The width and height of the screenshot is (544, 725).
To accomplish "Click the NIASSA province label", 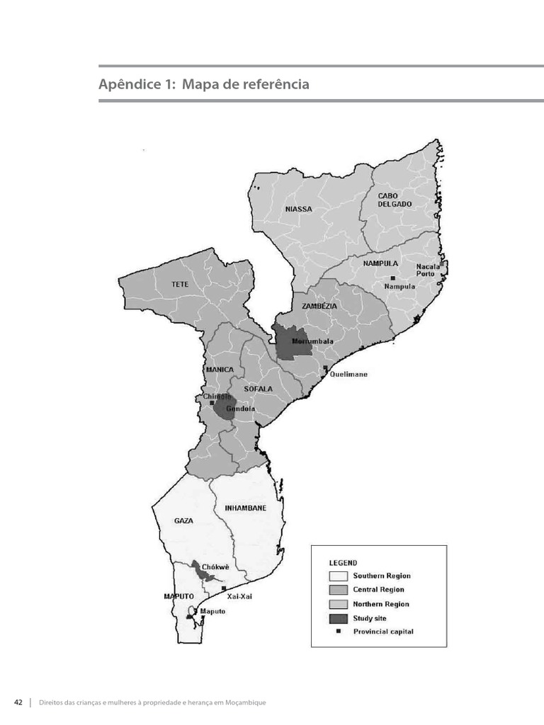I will point(298,209).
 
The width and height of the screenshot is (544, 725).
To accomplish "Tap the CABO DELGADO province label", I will point(395,200).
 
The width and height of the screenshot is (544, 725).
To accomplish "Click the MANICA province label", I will point(219,370).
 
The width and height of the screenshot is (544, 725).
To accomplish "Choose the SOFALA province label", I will point(258,389).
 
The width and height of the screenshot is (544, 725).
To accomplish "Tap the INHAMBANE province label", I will point(245,508).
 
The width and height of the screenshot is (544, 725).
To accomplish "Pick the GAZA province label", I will point(183,520).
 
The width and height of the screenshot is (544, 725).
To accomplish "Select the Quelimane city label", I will point(348,374).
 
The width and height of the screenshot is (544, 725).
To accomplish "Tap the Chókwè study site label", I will point(215,566).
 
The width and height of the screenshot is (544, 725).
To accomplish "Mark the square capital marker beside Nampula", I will point(393,278).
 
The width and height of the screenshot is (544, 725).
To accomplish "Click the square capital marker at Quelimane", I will point(325,367).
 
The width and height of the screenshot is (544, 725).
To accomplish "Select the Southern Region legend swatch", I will point(339,576).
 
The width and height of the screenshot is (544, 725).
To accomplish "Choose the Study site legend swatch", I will point(339,618).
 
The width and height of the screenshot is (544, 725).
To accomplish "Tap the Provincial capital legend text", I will point(383,632).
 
